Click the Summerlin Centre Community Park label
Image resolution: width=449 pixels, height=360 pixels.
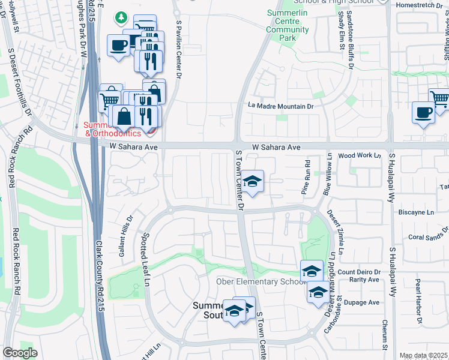287,25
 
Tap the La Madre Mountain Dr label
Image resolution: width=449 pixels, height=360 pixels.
282,106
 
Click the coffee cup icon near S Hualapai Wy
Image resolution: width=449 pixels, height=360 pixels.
424,113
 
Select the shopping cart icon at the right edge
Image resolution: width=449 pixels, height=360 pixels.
440,98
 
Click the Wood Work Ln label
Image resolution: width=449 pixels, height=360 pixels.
360,155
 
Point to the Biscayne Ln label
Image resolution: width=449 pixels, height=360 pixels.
416,212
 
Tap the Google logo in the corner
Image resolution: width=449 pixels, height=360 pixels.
20,353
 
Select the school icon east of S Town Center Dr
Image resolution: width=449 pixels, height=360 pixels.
253,181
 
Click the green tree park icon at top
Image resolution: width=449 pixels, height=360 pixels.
122,16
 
